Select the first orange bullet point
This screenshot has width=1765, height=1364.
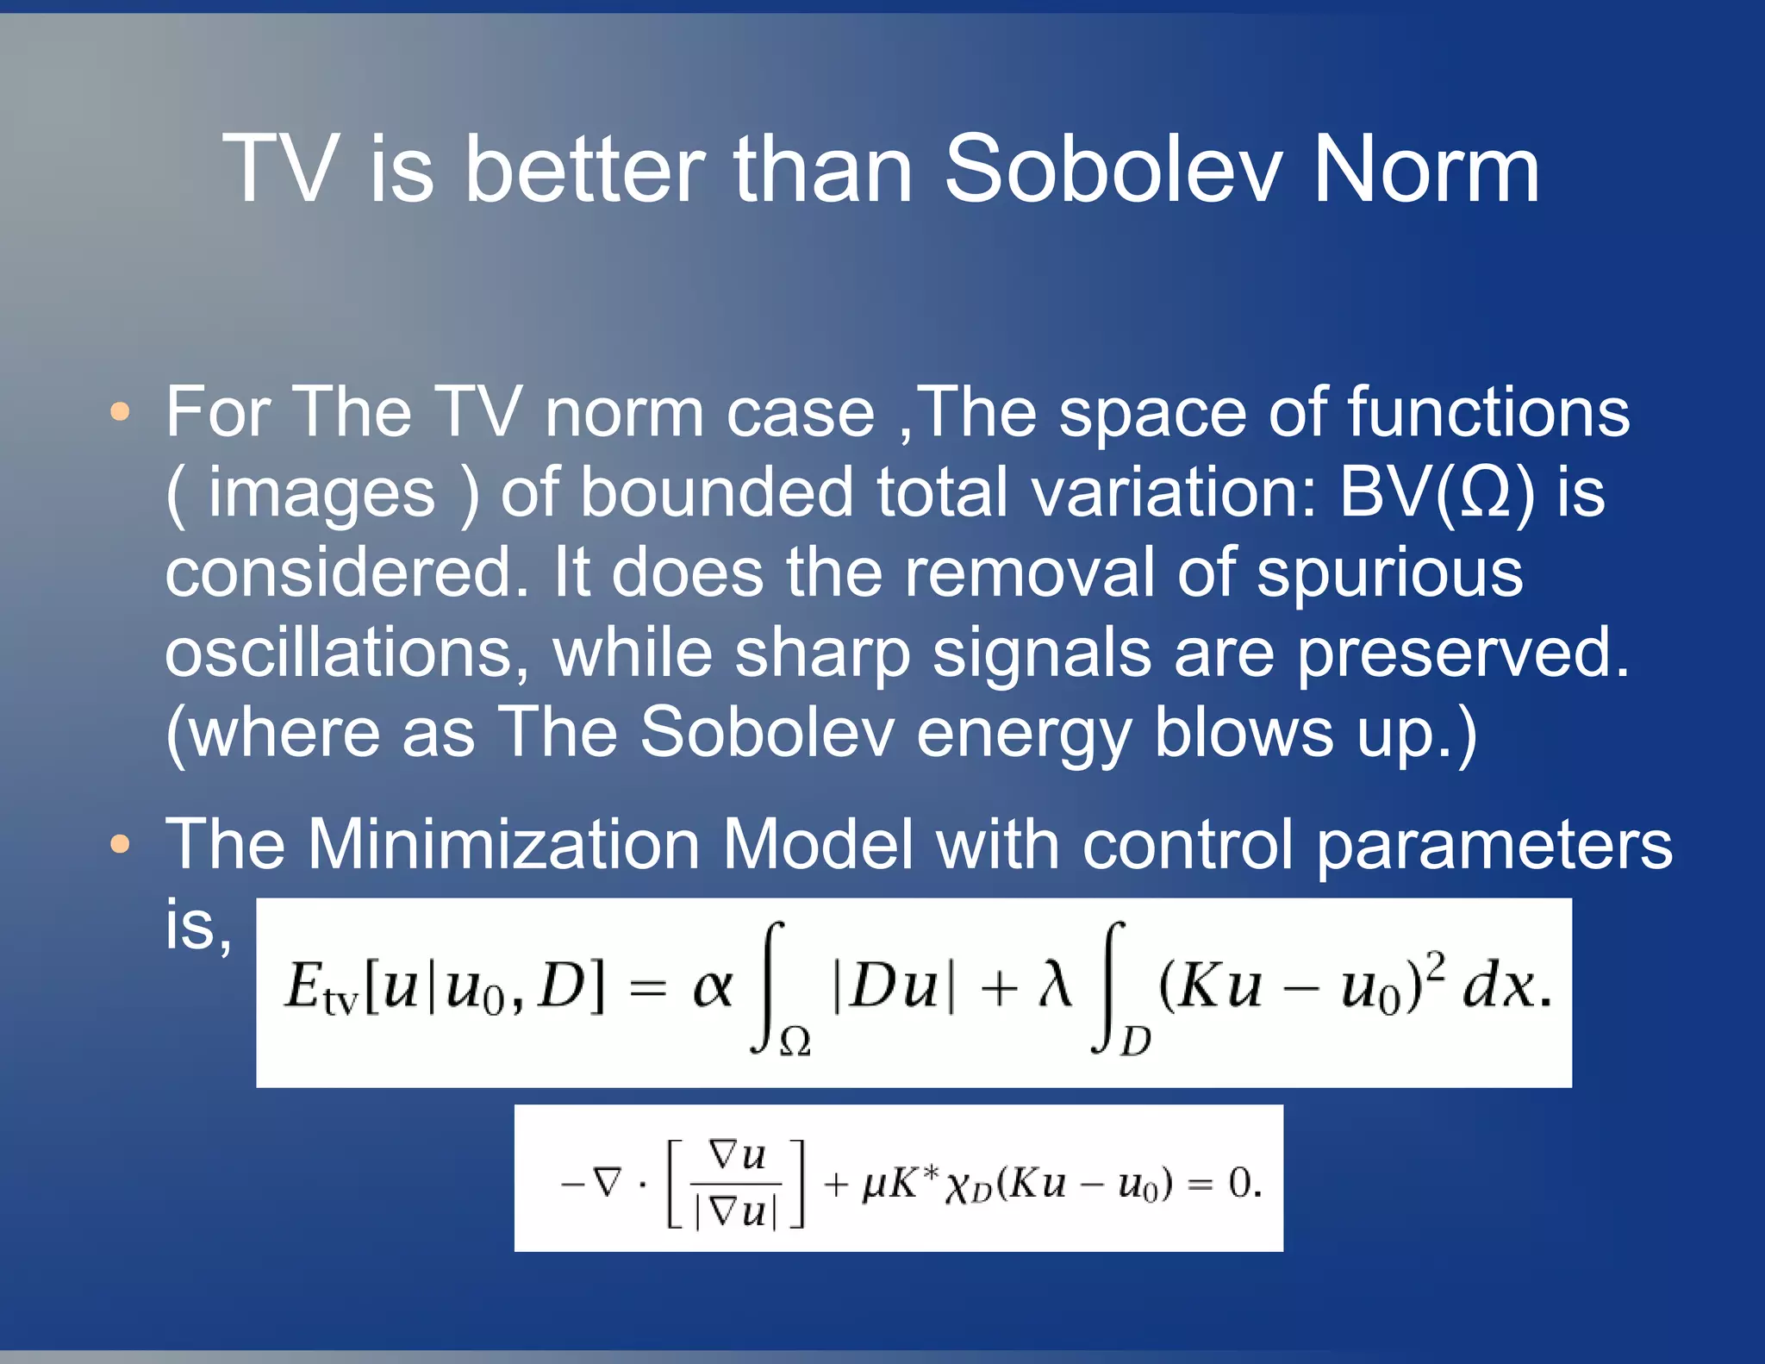coord(121,411)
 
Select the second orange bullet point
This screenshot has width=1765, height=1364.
coord(121,844)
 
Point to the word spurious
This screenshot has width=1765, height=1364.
coord(1389,573)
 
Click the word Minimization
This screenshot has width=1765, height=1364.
coord(503,844)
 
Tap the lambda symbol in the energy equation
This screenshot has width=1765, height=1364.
coord(1054,985)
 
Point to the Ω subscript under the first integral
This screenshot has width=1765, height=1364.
coord(794,1044)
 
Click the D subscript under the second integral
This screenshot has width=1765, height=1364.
coord(1135,1043)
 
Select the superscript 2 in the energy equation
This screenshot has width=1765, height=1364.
coord(1435,965)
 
